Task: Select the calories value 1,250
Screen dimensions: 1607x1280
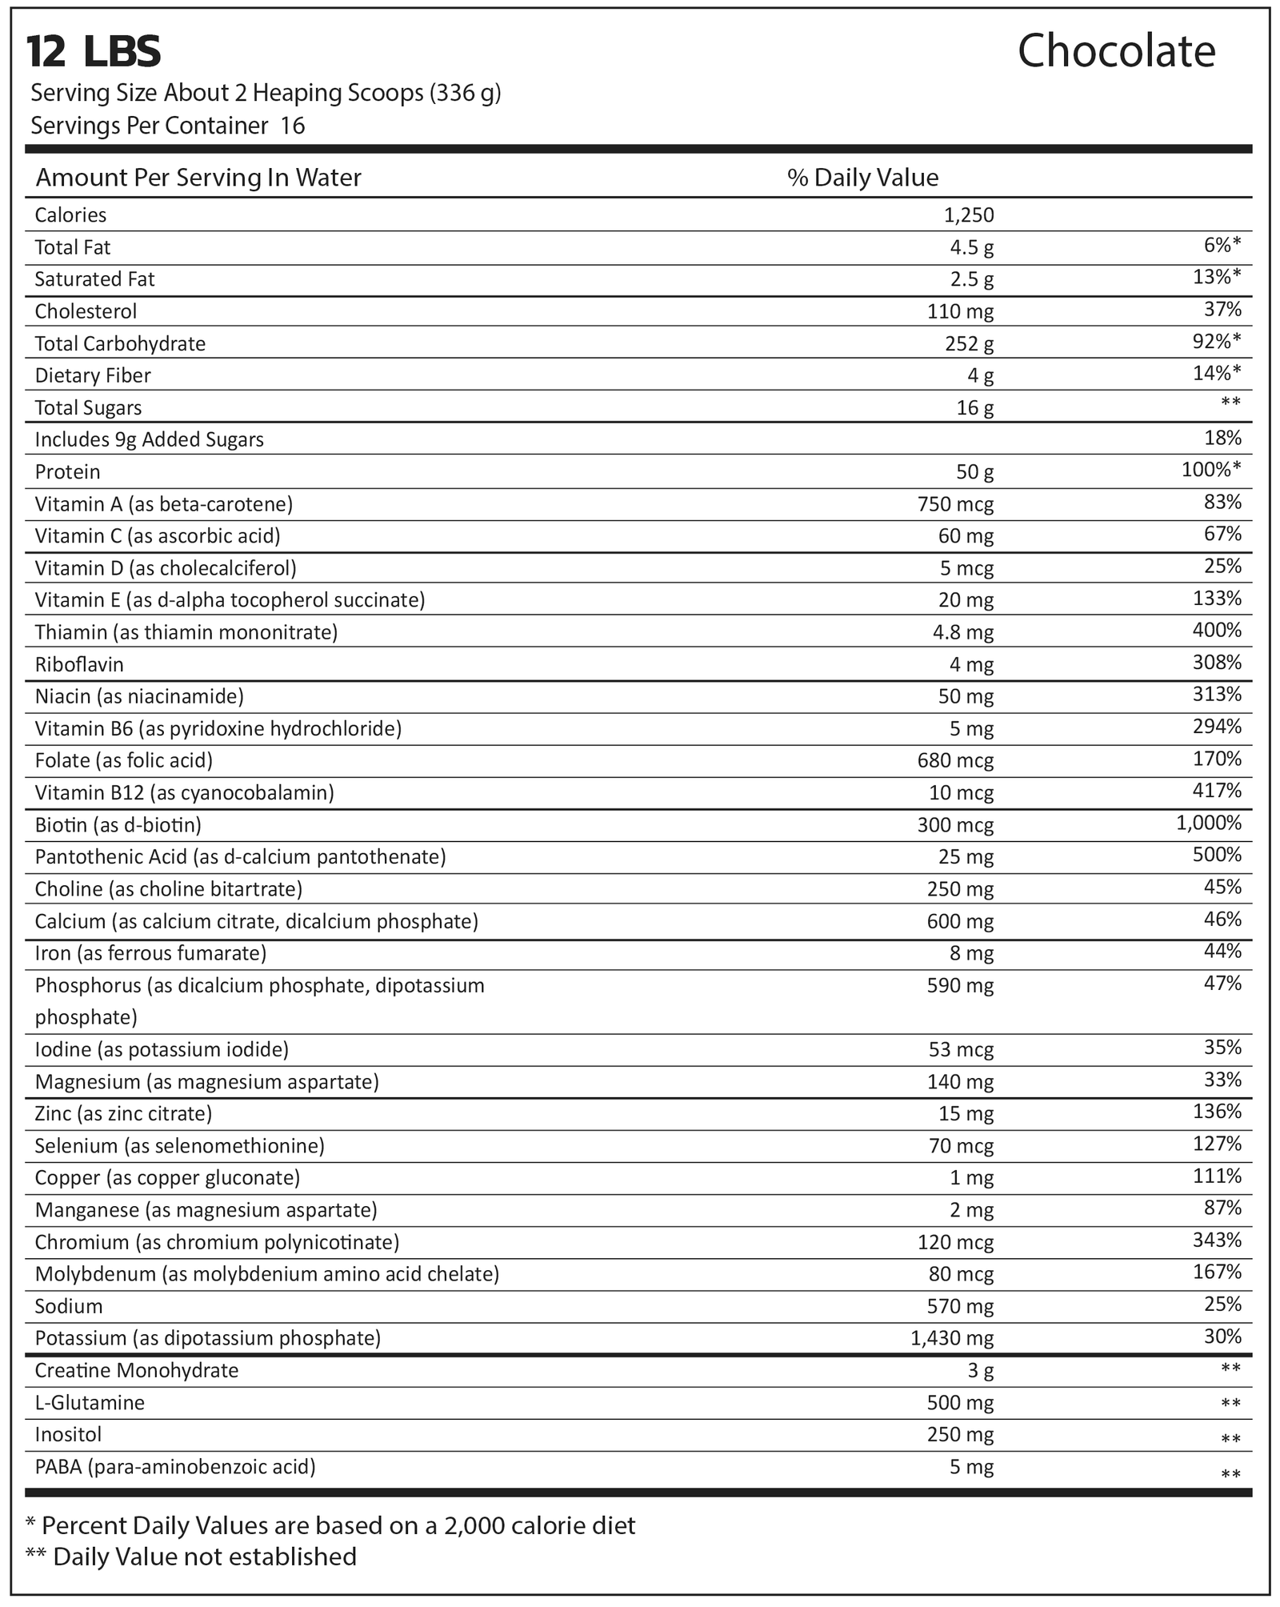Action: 968,215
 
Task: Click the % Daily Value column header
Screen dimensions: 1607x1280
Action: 862,177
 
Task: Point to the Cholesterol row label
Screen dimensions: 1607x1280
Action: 86,311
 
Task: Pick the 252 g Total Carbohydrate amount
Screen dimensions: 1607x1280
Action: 969,344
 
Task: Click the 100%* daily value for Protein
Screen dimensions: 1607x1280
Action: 1211,470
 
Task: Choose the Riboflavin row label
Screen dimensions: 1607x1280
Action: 79,664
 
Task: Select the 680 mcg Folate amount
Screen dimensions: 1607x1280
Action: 955,760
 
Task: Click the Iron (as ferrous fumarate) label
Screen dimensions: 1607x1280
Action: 150,953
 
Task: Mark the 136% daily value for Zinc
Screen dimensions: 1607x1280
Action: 1217,1112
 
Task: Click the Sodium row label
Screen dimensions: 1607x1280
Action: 69,1306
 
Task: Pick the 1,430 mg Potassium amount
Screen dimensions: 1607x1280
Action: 952,1338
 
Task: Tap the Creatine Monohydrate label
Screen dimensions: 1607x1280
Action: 137,1370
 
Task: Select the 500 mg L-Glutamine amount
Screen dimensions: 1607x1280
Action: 960,1403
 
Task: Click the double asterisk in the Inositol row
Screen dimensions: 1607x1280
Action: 1230,1438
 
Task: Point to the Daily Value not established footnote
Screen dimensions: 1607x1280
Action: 191,1557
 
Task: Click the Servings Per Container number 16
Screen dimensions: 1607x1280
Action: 293,126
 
